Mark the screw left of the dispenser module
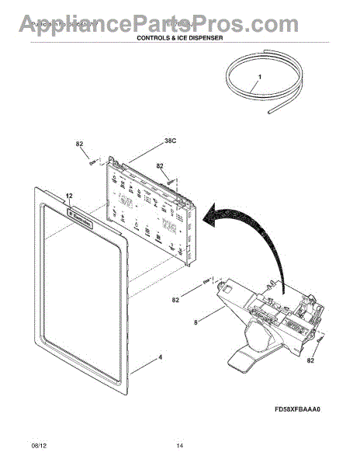click(x=206, y=280)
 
